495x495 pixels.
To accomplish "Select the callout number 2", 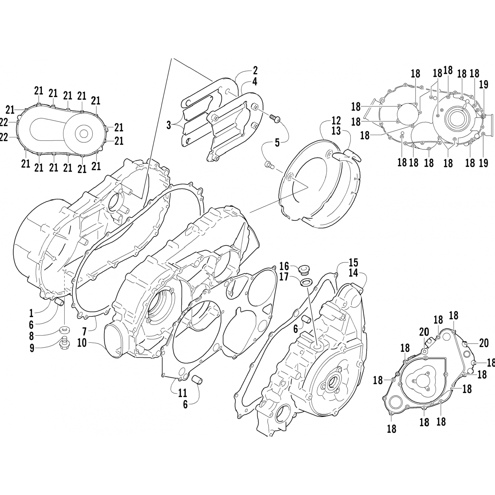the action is pyautogui.click(x=255, y=70).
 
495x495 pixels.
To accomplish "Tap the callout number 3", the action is pyautogui.click(x=169, y=125).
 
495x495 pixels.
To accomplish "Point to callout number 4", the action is pyautogui.click(x=255, y=81).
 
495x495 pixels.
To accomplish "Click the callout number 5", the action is pyautogui.click(x=277, y=143).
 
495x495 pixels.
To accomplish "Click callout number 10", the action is pyautogui.click(x=82, y=343).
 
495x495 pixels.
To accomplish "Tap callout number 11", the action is pyautogui.click(x=182, y=393).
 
